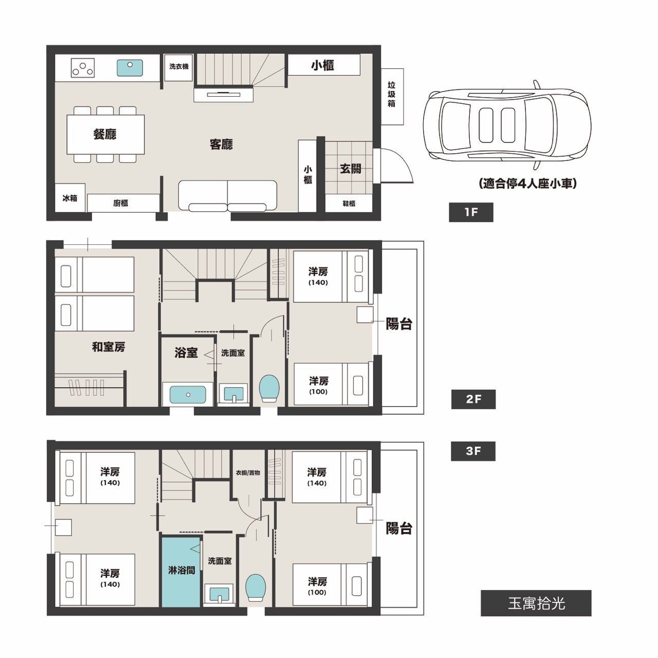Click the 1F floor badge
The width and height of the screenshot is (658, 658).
[470, 212]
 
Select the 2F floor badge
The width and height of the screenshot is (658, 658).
[473, 399]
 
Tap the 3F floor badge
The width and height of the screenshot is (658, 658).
[473, 451]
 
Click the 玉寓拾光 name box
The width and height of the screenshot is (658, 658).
[536, 604]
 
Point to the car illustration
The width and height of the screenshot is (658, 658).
[507, 125]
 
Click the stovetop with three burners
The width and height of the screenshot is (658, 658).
[83, 68]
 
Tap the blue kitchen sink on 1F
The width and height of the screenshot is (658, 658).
[130, 68]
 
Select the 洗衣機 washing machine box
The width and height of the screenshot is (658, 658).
[178, 67]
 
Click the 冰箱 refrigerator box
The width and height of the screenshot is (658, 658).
[70, 198]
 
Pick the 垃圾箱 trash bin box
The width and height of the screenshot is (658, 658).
[392, 97]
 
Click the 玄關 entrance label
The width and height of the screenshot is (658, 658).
[351, 168]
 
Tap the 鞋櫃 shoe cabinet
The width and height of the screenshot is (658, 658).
[349, 204]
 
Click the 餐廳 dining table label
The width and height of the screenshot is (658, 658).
[105, 134]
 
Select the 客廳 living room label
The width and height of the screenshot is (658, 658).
[221, 144]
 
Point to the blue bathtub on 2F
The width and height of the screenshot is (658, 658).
[188, 395]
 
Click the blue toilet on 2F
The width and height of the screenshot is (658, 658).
[269, 388]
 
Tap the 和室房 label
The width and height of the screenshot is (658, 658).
[108, 347]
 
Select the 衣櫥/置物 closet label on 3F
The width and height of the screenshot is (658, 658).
[248, 472]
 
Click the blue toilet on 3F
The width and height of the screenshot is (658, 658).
[256, 588]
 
